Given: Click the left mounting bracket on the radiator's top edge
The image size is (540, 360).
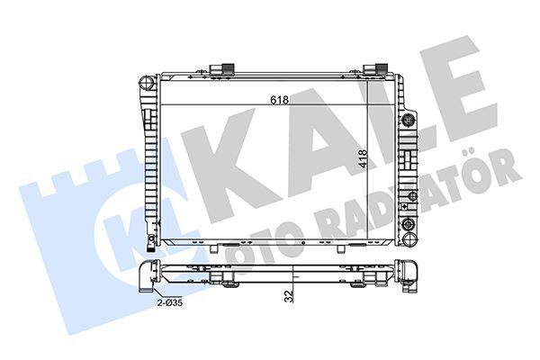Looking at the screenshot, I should click(223, 71).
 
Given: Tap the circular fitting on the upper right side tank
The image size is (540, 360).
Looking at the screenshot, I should click(409, 120).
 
